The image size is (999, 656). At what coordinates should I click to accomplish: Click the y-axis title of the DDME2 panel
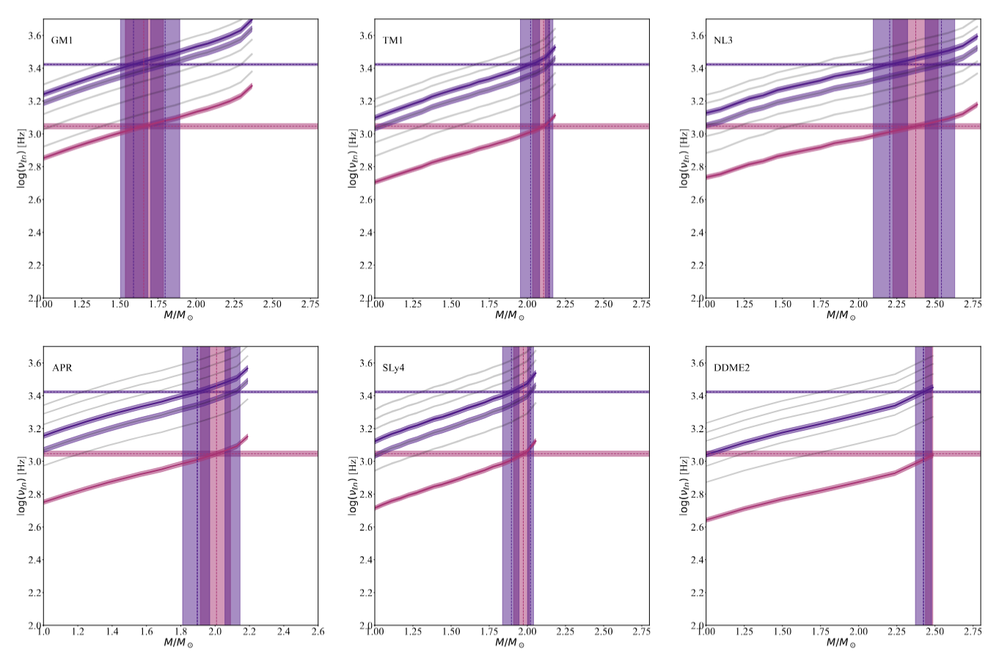[x=684, y=485]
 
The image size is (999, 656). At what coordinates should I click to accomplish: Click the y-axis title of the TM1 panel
[x=352, y=158]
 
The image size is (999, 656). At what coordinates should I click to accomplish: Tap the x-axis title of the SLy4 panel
[x=511, y=643]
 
